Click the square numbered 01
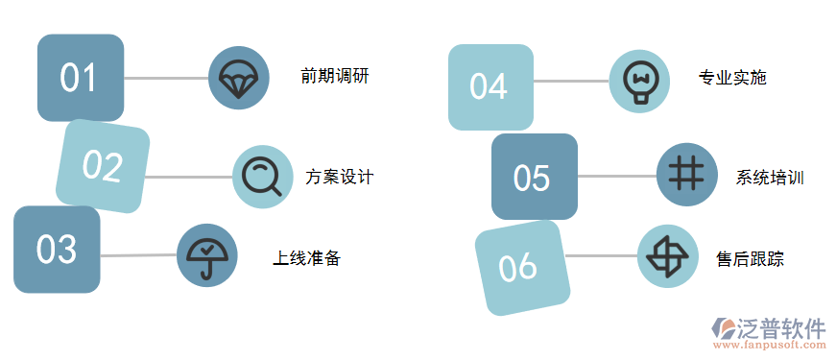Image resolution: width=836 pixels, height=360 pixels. point(80,77)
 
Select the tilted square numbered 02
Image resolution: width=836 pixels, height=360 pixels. point(103,166)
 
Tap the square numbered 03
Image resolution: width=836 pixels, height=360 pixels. point(57,250)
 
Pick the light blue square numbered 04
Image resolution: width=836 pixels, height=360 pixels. point(490,86)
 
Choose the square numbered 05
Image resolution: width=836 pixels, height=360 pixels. point(534,177)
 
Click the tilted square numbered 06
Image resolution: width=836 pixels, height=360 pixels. point(521,267)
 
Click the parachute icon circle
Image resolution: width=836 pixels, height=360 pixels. point(237,77)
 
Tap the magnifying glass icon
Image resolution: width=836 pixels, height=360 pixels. point(262,176)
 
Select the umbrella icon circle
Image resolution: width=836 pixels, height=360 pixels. point(206,255)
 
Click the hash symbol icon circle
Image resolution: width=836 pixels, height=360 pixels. point(686,175)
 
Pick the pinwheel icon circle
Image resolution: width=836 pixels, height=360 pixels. point(667,256)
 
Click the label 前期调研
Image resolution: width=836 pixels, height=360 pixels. point(334,77)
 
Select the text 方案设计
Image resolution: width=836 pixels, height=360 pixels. point(339,177)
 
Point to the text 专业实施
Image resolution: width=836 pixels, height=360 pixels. point(732,78)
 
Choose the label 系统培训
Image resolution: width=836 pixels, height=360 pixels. point(770,178)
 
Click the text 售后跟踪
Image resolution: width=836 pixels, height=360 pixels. point(750,258)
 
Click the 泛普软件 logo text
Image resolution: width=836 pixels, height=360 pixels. point(780,327)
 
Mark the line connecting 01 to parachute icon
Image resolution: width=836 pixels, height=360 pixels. point(166,78)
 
